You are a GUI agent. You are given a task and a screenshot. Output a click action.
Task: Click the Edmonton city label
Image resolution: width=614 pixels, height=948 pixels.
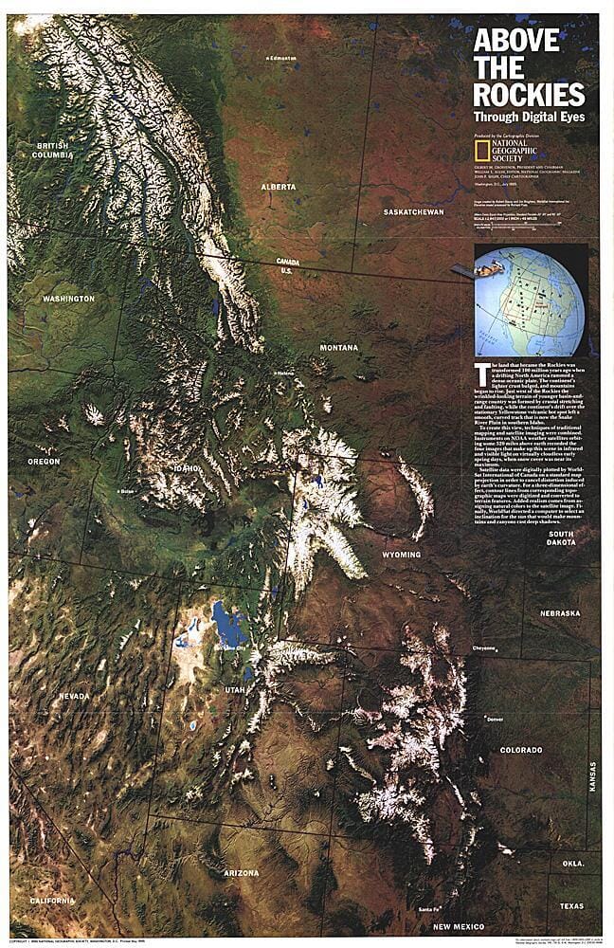click(x=282, y=58)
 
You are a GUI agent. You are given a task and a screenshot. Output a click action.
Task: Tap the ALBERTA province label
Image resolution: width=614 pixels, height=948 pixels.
click(x=279, y=187)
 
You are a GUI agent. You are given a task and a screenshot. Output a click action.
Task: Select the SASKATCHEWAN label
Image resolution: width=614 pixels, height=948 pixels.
click(x=414, y=212)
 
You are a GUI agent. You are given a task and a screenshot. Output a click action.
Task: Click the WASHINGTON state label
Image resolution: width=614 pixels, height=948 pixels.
click(x=68, y=299)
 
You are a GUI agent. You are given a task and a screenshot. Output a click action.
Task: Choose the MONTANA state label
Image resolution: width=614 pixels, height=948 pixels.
click(x=338, y=348)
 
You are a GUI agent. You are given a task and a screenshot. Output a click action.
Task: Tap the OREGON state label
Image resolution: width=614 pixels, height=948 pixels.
click(x=44, y=462)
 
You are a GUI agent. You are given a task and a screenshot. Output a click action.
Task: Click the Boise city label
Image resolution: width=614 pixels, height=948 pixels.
click(x=127, y=492)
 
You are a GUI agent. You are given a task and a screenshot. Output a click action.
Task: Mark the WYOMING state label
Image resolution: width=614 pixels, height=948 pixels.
click(x=402, y=555)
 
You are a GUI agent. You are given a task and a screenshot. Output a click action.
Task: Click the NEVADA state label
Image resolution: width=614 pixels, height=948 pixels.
click(x=74, y=697)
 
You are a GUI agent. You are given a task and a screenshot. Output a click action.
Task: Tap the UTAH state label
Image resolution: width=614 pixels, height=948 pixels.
click(x=235, y=690)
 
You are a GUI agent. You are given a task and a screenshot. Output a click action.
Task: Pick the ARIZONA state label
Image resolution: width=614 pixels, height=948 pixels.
click(x=241, y=872)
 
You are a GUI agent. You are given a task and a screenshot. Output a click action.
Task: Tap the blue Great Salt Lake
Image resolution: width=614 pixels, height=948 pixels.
click(x=226, y=626)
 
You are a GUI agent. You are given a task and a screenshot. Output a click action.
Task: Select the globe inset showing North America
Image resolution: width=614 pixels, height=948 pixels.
click(x=529, y=301)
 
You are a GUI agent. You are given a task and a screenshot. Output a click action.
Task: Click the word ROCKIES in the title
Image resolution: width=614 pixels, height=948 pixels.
click(x=529, y=95)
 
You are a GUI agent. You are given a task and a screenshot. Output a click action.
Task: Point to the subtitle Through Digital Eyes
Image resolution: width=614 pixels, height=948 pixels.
click(x=530, y=118)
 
